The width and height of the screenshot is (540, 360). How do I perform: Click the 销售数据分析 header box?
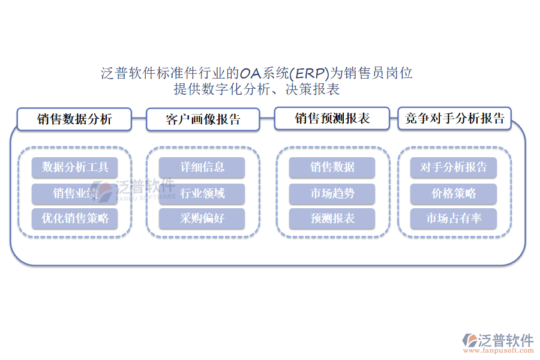[x=74, y=119]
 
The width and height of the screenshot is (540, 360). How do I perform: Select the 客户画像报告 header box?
[x=203, y=119]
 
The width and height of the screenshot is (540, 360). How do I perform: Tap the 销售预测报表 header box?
[x=332, y=118]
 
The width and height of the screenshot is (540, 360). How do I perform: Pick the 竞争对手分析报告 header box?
[x=454, y=118]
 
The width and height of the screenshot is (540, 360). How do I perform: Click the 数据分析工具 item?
[x=75, y=167]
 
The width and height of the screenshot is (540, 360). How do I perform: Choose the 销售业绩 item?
[x=75, y=193]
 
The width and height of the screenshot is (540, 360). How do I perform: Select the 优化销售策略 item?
[x=75, y=218]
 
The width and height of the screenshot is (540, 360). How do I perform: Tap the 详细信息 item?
[x=202, y=167]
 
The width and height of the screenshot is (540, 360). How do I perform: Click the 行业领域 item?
[x=202, y=193]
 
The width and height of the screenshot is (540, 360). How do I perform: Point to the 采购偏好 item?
[x=202, y=218]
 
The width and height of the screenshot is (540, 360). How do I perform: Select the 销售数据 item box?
[x=332, y=167]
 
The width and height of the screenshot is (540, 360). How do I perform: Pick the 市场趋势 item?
[x=332, y=193]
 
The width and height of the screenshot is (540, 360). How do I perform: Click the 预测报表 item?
[x=332, y=218]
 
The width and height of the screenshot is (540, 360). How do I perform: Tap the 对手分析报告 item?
[x=454, y=167]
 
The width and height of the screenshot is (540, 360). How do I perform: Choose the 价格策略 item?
[x=454, y=193]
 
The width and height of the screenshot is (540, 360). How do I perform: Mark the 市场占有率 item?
[x=454, y=218]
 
